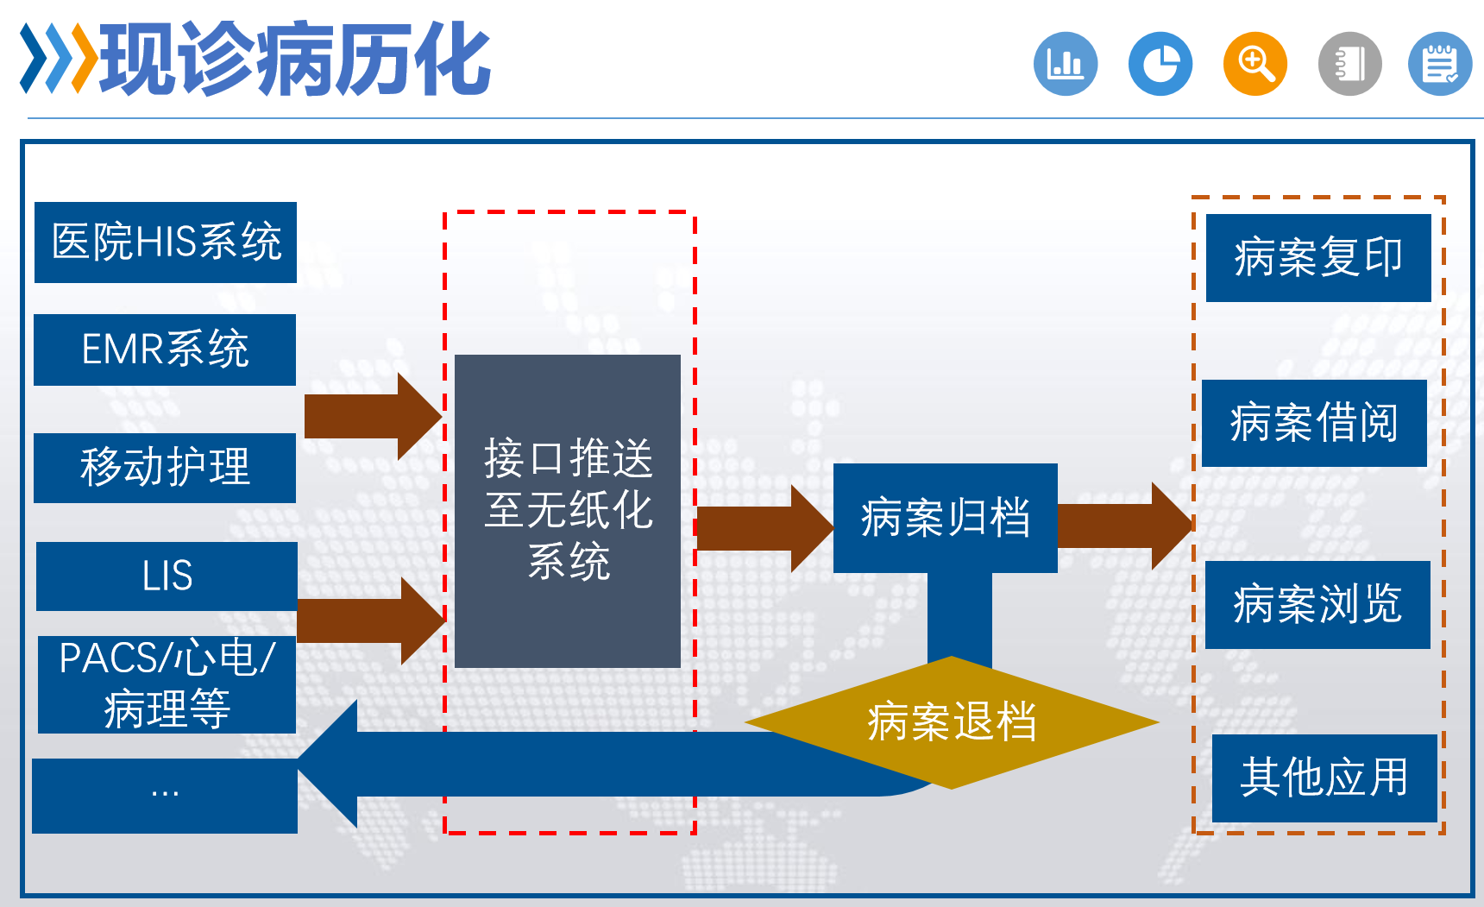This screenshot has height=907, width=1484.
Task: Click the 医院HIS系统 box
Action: point(166,242)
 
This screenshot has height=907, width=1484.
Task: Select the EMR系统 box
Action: point(165,350)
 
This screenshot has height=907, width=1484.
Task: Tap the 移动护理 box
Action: point(165,468)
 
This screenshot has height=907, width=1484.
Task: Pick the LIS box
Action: point(167,576)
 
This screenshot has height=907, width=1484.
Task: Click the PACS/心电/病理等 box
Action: point(167,684)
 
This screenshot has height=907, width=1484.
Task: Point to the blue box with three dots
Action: point(165,795)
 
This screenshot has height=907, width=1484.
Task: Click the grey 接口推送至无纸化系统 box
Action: point(568,510)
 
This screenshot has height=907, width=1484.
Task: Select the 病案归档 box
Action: point(945,518)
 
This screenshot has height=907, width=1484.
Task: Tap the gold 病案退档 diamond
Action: point(952,722)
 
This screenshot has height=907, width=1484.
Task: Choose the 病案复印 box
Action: point(1317,257)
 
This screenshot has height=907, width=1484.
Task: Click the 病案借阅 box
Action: point(1314,423)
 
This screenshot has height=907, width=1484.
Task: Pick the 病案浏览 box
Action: point(1317,604)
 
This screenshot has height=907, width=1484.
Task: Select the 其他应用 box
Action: point(1324,778)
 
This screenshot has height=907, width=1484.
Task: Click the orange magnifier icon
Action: point(1254,64)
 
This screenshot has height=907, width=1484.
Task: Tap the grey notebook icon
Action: point(1349,64)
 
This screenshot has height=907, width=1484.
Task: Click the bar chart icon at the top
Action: point(1066,64)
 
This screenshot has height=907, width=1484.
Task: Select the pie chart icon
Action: point(1160,64)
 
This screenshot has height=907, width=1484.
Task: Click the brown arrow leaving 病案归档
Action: point(1122,525)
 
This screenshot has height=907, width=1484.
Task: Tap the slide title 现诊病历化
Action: point(293,59)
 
